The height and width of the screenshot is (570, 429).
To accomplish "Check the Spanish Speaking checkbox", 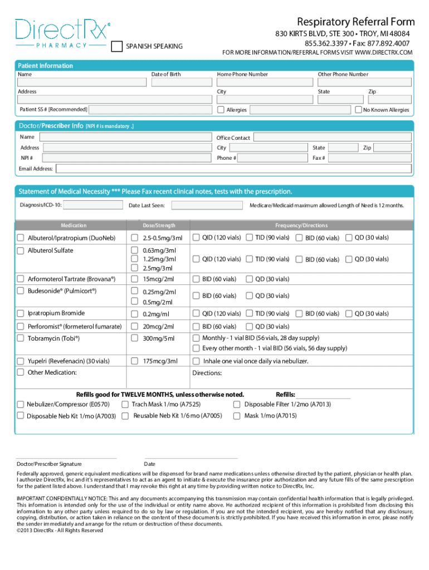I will point(117,46).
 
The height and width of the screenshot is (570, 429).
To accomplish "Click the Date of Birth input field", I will point(179,82).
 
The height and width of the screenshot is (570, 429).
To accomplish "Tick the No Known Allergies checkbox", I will point(358,110).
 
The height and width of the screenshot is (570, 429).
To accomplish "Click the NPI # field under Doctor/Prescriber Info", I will point(125,158).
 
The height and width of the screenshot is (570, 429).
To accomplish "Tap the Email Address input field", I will point(234,169).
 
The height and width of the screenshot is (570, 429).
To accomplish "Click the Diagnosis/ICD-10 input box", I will point(93,205).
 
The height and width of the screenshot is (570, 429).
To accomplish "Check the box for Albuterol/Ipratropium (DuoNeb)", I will point(21,238).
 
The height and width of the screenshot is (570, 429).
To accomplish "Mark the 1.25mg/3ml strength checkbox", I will point(134,259).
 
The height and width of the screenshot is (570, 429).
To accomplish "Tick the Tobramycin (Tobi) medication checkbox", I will point(21,338).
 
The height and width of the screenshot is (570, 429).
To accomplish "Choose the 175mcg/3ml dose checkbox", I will point(134,361).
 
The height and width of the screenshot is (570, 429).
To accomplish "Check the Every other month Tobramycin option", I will point(196,348).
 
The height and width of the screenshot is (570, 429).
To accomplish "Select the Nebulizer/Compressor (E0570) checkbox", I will point(21,405).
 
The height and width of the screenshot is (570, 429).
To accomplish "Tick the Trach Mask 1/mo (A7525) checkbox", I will point(125,405).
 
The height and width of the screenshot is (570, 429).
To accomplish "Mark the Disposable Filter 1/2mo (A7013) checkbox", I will point(237,405).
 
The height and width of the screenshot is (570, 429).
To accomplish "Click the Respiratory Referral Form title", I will point(355,22).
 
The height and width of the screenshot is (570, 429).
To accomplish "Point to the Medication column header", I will point(74,225).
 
